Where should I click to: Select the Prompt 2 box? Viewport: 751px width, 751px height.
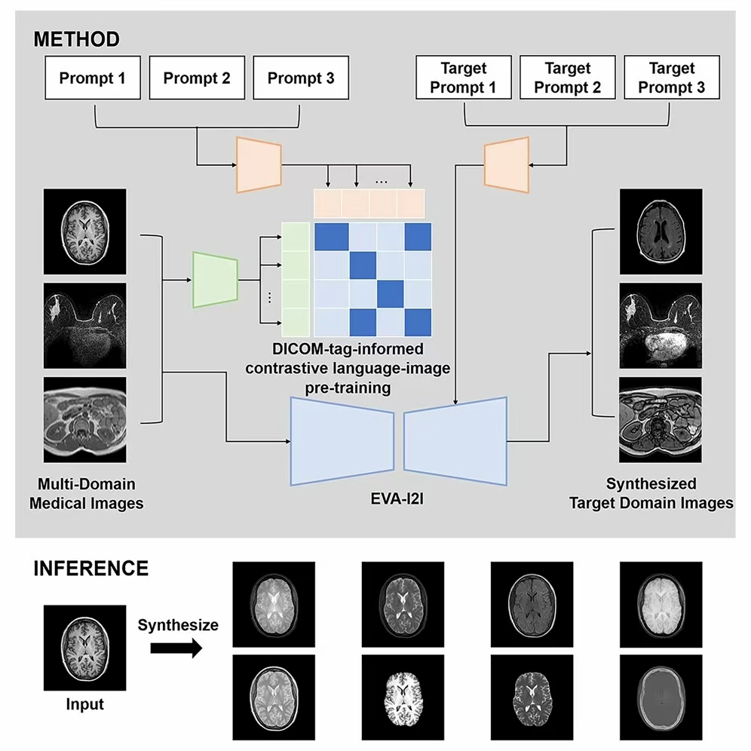[196, 78]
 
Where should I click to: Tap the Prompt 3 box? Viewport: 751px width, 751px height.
[300, 78]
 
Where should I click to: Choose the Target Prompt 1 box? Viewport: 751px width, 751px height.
[463, 78]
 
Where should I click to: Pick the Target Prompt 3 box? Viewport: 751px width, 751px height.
[671, 78]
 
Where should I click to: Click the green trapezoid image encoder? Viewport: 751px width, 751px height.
[216, 279]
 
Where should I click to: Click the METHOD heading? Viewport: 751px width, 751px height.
[76, 39]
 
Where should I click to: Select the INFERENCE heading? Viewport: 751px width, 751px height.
[90, 568]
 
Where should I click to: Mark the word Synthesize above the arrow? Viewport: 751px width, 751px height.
[178, 624]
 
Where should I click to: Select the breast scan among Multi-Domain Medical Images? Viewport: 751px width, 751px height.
[85, 326]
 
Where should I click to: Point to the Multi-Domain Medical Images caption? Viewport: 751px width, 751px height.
[86, 493]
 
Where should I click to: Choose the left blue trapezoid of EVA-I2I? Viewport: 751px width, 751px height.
[342, 440]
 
